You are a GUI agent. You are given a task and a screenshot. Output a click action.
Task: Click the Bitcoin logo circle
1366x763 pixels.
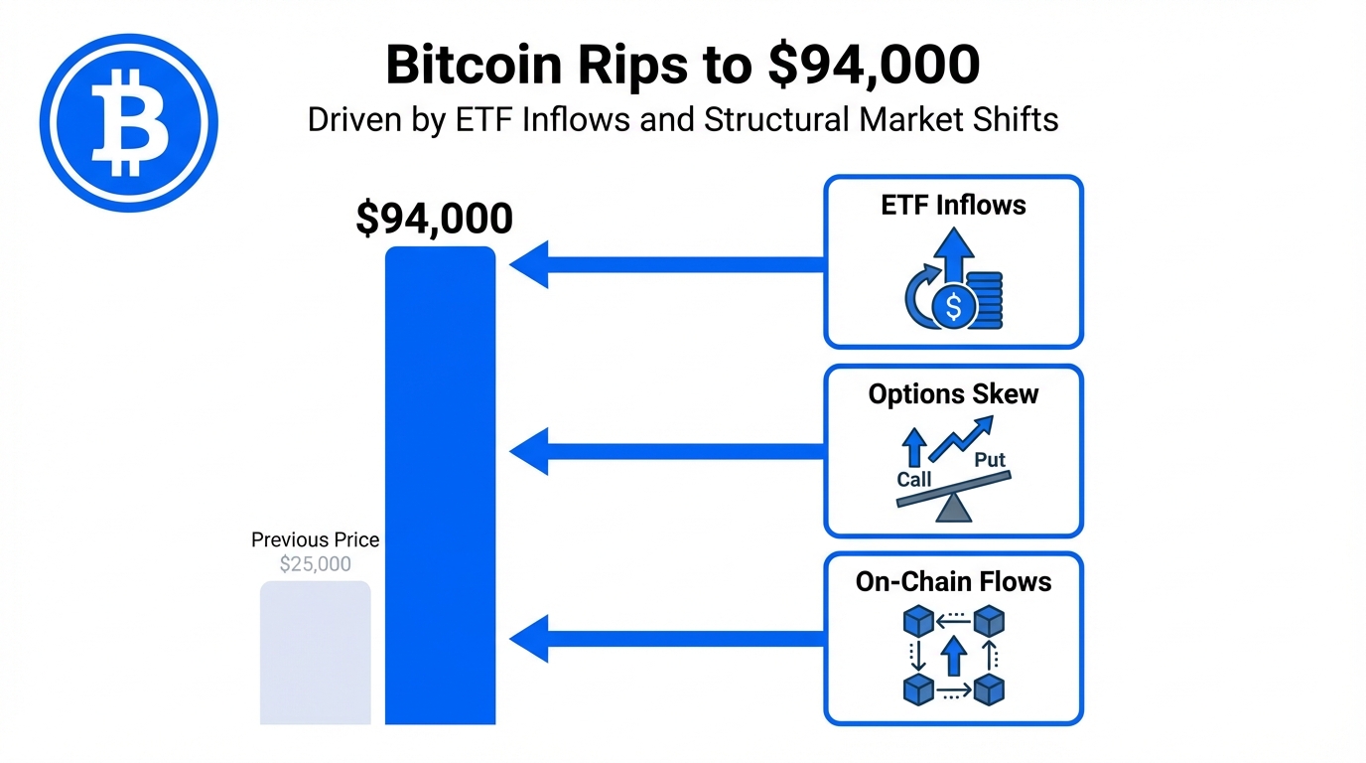click(x=128, y=123)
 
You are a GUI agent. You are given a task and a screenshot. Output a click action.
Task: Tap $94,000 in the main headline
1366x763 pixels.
click(x=874, y=66)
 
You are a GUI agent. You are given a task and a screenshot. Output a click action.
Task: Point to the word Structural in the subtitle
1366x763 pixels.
click(x=776, y=119)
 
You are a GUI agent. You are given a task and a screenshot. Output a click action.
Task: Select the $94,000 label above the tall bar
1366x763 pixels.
click(x=434, y=219)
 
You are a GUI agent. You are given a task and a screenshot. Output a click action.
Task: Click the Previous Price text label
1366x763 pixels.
click(x=315, y=540)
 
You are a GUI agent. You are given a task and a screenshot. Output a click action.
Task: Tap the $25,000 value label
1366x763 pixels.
click(x=315, y=564)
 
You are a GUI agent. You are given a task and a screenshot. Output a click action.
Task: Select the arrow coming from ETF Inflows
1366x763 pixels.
click(x=665, y=264)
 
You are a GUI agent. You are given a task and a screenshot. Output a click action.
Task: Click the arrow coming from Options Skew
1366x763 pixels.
click(x=665, y=452)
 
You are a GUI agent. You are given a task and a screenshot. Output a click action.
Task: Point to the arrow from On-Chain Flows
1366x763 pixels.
click(x=665, y=639)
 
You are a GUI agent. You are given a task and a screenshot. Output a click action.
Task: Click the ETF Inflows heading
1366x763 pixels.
click(x=953, y=206)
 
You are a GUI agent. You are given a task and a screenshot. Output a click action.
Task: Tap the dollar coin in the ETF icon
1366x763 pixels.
click(x=953, y=307)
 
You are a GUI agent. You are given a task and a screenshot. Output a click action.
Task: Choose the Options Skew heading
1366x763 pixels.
click(x=953, y=394)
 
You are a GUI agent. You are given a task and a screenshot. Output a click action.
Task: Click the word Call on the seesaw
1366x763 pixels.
click(x=913, y=479)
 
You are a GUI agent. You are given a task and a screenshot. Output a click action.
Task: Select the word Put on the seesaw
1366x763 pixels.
click(x=989, y=459)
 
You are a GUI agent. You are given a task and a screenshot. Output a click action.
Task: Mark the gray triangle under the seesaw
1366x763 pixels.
click(x=954, y=509)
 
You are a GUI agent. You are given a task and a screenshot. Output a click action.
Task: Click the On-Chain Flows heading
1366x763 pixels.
click(x=953, y=581)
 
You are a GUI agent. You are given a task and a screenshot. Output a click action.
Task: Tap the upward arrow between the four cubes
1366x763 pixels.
click(x=953, y=656)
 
